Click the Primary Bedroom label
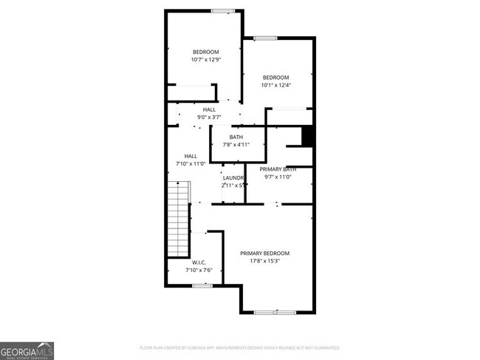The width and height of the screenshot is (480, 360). coord(264,253)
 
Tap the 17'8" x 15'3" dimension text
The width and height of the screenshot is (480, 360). coord(264,260)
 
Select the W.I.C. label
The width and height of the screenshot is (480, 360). coord(199,262)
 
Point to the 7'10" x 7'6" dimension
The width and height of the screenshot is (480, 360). coord(199,270)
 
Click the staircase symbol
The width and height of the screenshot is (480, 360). coord(179,217)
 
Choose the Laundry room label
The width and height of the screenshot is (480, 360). coord(234,177)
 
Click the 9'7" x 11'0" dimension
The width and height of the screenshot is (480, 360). coord(278,177)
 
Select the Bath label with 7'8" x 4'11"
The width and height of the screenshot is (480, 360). coord(236,137)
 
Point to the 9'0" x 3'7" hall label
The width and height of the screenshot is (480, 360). coord(210,117)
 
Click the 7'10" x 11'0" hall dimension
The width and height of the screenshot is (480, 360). coord(191,163)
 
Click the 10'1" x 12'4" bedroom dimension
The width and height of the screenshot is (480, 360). coord(276,85)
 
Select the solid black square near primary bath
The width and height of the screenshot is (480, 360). coord(309,137)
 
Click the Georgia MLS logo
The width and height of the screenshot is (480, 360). coord(27,350)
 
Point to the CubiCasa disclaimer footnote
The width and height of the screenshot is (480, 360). coord(240,347)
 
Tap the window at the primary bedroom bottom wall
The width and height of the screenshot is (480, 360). coord(275,312)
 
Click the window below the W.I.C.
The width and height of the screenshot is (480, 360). coord(202,285)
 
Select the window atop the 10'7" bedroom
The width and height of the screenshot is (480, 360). coord(222,11)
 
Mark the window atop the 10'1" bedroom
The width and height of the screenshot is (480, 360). coord(265,38)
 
